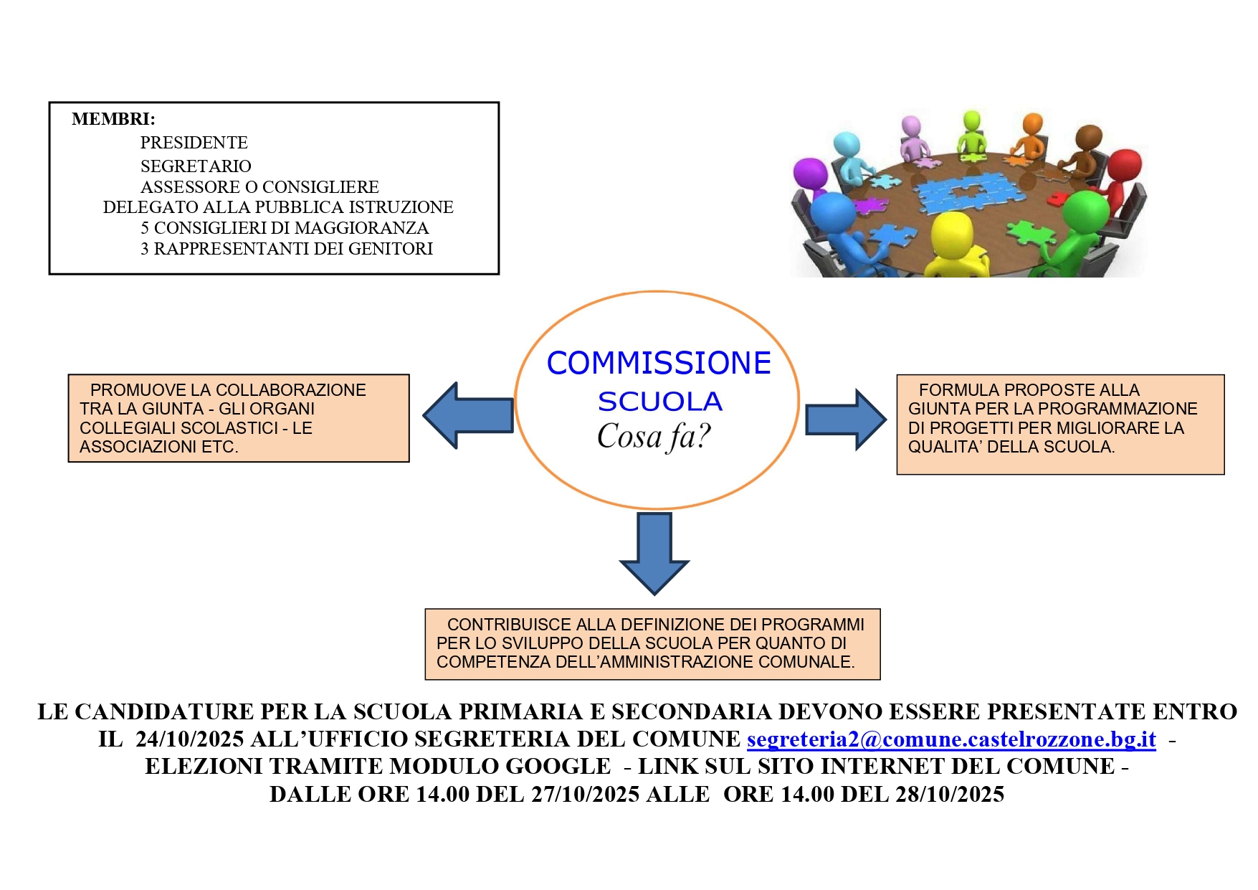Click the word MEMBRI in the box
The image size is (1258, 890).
click(x=113, y=119)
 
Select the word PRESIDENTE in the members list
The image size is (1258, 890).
click(x=194, y=143)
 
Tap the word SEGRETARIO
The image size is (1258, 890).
click(x=196, y=166)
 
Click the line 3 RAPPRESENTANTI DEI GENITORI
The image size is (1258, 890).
click(x=286, y=249)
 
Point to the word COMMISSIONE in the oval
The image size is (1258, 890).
click(x=658, y=363)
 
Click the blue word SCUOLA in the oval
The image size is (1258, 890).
click(x=659, y=402)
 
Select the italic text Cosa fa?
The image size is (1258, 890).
click(x=653, y=436)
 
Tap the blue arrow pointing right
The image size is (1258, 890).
click(x=845, y=420)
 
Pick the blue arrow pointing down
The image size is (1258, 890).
click(x=654, y=553)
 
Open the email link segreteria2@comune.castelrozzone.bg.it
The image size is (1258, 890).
click(x=951, y=739)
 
